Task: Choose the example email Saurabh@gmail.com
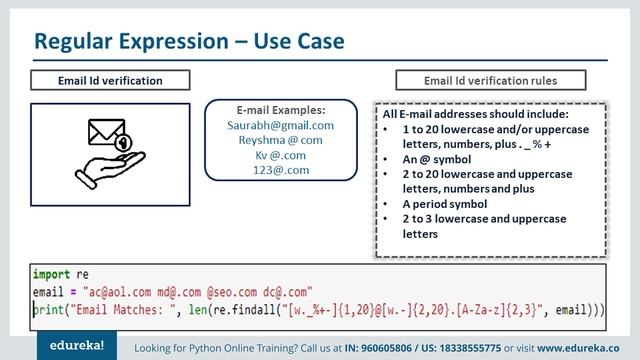coord(280,126)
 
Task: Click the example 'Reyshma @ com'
coord(280,141)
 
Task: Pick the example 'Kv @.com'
coord(280,156)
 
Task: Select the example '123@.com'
coord(280,171)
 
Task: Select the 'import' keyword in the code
coord(46,273)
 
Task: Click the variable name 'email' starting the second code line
coord(48,291)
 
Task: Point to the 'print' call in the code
coord(48,309)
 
